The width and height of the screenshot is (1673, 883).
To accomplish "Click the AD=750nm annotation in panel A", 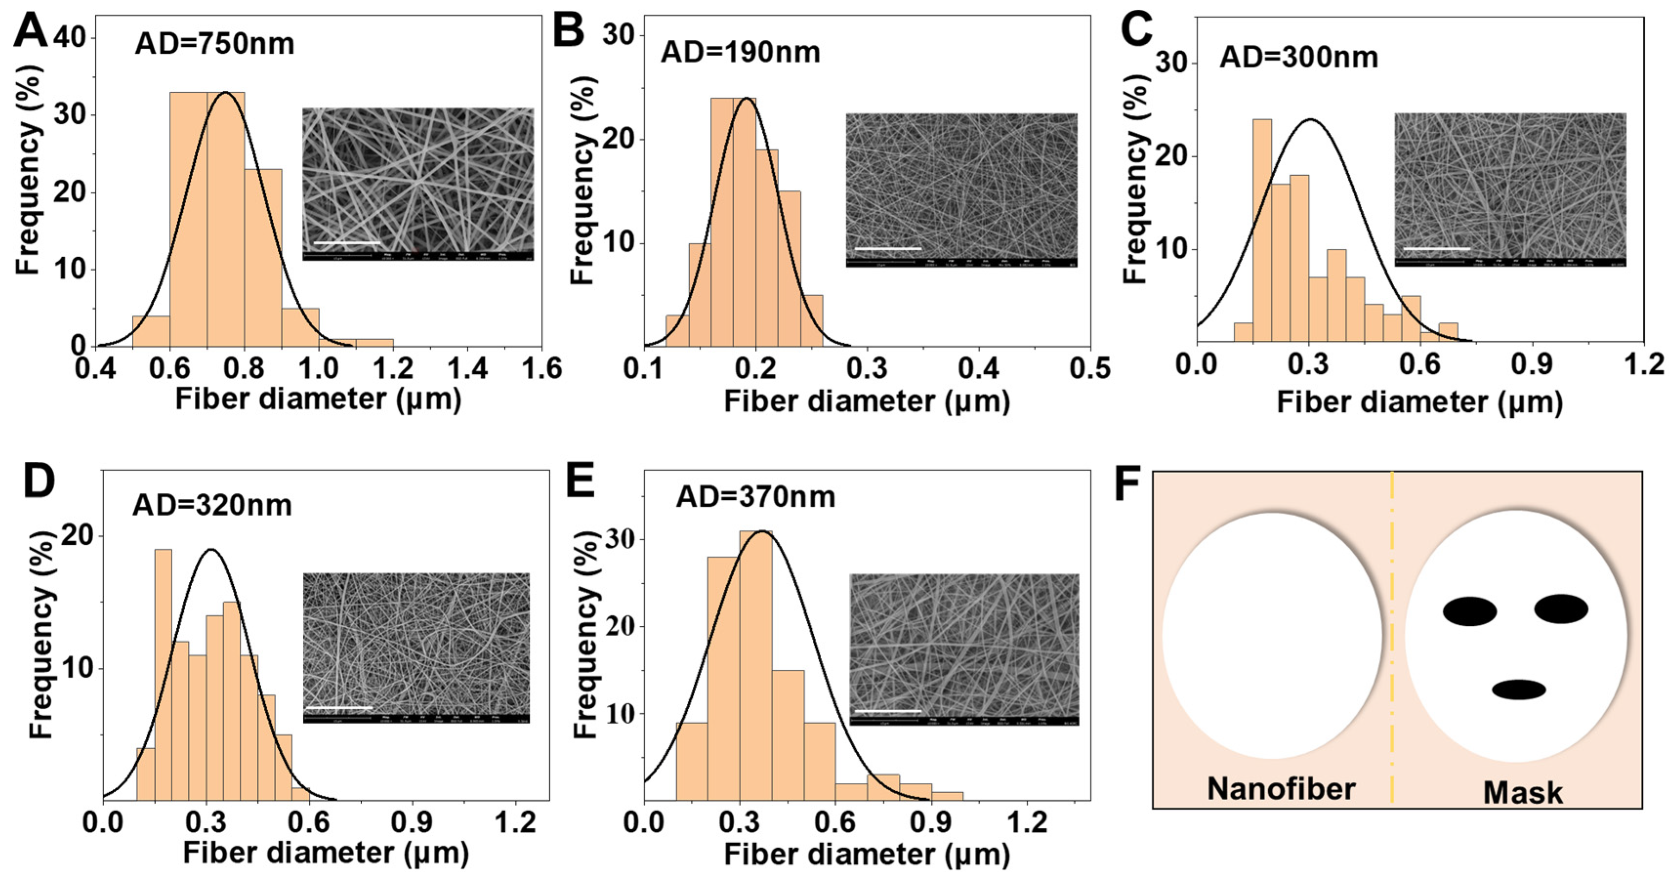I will click(214, 44).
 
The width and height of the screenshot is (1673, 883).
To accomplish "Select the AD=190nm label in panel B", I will click(741, 52).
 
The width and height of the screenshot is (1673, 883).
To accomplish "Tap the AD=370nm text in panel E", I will click(755, 497).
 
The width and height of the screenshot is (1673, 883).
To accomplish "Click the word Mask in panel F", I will click(1523, 793).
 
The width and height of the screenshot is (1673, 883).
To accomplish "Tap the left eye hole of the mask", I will click(1470, 612).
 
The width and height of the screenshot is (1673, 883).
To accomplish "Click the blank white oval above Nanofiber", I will click(1272, 635).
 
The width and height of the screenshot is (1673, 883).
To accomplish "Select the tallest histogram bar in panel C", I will click(1262, 230).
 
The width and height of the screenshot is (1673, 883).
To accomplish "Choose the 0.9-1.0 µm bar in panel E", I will click(947, 796).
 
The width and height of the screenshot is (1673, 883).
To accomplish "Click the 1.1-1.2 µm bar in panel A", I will click(374, 342).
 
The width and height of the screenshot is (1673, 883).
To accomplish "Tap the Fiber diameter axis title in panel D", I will click(326, 852).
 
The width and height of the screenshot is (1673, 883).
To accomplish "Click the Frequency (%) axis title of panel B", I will click(582, 181).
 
